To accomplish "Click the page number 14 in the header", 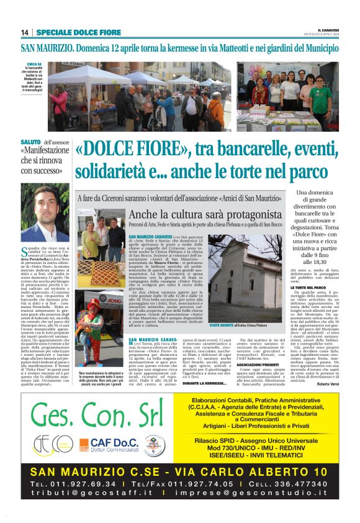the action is pyautogui.click(x=25, y=32).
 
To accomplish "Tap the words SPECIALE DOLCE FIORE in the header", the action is pyautogui.click(x=70, y=32).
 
